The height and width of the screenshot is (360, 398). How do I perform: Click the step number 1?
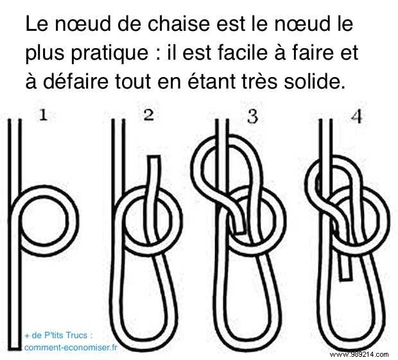(44, 116)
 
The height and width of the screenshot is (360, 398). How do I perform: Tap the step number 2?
(149, 116)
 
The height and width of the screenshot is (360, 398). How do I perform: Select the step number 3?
(252, 116)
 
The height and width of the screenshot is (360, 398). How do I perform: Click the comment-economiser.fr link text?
(71, 347)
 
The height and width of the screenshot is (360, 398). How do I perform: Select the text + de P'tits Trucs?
(58, 335)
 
